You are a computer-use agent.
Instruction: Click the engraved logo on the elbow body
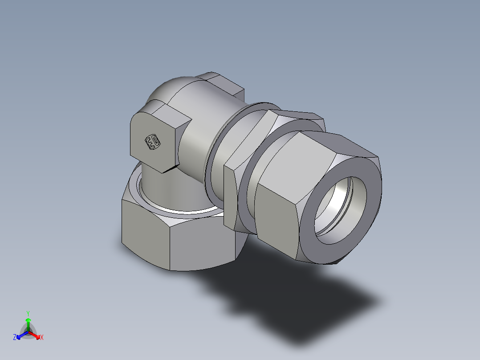click(153, 142)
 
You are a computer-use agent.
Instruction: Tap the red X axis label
click(42, 338)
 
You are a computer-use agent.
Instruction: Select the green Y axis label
click(28, 313)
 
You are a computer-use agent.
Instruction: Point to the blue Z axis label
click(15, 338)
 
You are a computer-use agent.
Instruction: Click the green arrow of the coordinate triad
click(28, 322)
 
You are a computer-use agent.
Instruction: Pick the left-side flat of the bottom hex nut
click(145, 232)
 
